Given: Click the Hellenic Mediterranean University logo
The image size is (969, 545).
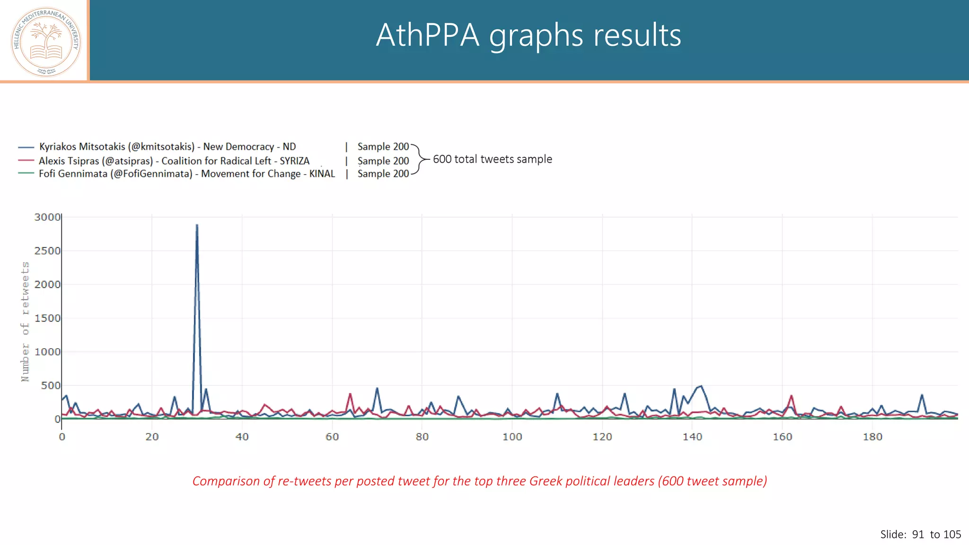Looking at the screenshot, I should [46, 42].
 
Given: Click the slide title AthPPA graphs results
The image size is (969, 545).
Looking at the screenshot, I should [528, 35].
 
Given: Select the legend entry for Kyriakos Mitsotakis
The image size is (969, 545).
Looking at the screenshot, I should [167, 147].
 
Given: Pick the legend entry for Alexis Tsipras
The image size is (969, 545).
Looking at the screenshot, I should [174, 161].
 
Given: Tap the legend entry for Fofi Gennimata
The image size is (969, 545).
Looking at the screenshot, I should [186, 174].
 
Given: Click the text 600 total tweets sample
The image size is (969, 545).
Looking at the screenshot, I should [492, 159].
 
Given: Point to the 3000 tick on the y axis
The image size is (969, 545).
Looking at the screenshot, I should [47, 217].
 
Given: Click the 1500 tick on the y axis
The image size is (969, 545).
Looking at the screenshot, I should [47, 318].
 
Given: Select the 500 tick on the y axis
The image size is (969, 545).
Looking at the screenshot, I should [51, 386].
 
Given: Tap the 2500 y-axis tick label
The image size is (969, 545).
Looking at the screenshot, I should [47, 251].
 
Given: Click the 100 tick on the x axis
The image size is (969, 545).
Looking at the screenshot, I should [512, 437].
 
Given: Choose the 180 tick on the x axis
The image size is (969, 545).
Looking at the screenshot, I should [872, 437].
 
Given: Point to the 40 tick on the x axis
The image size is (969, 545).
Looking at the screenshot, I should [242, 437].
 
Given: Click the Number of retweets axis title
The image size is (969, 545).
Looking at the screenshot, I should [25, 321].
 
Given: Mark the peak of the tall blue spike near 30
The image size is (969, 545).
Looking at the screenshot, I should [197, 225].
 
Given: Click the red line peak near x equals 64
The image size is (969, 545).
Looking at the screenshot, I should [350, 394].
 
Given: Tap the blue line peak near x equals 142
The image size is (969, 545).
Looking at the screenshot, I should [701, 386].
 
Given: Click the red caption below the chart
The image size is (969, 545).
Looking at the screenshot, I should [479, 481].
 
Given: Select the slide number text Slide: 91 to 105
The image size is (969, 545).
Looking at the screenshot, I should [920, 535].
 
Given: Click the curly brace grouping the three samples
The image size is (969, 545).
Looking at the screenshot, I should [418, 159].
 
